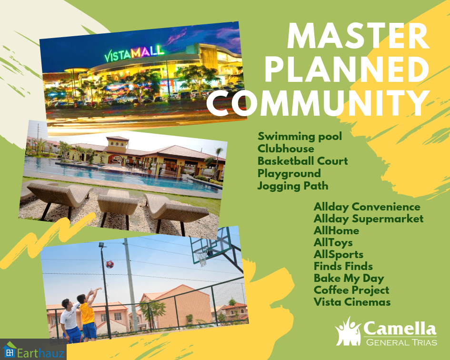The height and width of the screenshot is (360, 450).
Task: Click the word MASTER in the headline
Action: coord(358,37)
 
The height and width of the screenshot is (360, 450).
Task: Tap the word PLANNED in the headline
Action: coord(346,70)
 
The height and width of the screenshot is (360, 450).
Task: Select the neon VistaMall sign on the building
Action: coord(134,54)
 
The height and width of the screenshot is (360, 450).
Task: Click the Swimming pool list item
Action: coord(300,137)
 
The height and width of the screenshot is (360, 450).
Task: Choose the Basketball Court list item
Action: coord(302,161)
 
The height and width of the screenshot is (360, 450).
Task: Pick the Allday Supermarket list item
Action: coord(369,219)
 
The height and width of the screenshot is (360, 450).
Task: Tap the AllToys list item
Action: coord(333,242)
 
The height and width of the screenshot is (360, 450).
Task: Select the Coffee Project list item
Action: coord(351,290)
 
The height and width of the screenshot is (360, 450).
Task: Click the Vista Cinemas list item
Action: coord(352,302)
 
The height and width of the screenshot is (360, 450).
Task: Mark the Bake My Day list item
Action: coord(349,278)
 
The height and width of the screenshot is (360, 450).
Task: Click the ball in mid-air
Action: coord(110,264)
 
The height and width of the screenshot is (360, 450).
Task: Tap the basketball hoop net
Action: coord(202,256)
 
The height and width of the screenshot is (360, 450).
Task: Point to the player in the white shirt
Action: coord(70,320)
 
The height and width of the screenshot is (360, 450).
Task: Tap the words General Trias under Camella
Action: coord(401,342)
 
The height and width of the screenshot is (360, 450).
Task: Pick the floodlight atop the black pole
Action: coord(102,245)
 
